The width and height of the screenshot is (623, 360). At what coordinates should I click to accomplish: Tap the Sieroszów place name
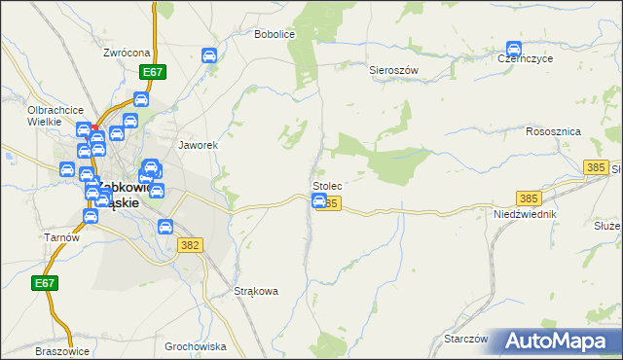pyautogui.click(x=393, y=71)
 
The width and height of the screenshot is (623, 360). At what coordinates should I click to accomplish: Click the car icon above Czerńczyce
pyautogui.click(x=514, y=49)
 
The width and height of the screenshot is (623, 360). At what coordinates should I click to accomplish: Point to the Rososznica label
pyautogui.click(x=553, y=131)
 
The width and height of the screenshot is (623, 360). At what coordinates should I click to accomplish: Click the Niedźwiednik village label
pyautogui.click(x=524, y=214)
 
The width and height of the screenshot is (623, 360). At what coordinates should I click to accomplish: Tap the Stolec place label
pyautogui.click(x=326, y=185)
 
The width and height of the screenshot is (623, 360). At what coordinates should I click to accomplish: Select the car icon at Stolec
pyautogui.click(x=318, y=200)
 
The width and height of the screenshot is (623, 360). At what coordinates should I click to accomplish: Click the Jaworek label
pyautogui.click(x=197, y=145)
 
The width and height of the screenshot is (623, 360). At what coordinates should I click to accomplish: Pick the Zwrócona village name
pyautogui.click(x=127, y=53)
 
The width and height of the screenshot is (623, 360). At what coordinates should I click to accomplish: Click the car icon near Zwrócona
pyautogui.click(x=208, y=55)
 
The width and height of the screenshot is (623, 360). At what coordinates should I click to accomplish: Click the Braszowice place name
pyautogui.click(x=61, y=351)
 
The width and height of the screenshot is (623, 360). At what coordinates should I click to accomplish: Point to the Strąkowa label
pyautogui.click(x=257, y=291)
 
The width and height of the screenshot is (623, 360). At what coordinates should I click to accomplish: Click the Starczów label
pyautogui.click(x=465, y=339)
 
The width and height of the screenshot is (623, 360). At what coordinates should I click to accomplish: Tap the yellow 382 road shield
pyautogui.click(x=190, y=245)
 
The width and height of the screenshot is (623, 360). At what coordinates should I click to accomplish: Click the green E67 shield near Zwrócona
pyautogui.click(x=152, y=72)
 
